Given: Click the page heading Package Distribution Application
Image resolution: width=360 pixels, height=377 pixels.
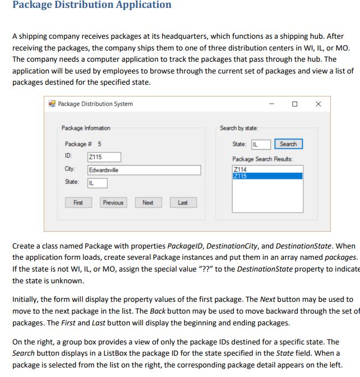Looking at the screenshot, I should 91,5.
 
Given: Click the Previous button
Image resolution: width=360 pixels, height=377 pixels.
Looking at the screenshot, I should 113,203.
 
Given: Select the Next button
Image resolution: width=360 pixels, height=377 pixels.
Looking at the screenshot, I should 147,203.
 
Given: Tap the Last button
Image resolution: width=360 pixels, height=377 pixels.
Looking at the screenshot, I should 183,203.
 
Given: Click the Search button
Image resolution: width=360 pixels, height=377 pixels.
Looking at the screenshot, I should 288,144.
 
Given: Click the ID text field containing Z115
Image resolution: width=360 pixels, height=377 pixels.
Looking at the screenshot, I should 103,157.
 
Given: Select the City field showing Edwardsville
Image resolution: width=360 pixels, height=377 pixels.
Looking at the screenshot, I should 144,170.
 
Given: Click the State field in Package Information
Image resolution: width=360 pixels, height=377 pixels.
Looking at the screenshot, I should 97,183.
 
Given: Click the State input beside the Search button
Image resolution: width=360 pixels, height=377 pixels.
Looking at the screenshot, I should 260,145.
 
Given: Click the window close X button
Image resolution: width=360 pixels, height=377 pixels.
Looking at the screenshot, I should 319,104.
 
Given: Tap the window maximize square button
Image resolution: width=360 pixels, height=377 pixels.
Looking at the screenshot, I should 295,104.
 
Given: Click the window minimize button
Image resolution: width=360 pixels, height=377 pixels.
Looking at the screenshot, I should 271,104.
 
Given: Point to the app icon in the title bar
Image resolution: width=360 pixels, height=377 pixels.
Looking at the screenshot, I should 52,104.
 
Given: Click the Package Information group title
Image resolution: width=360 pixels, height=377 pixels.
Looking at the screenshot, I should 86,128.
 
